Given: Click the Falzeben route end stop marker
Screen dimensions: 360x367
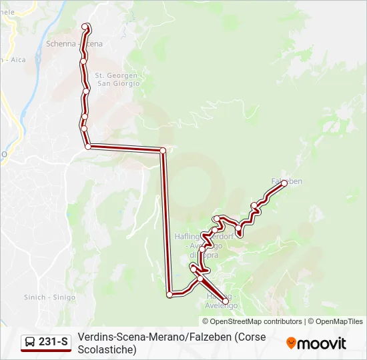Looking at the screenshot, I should pyautogui.click(x=284, y=183).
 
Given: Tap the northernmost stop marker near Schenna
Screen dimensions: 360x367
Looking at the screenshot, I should pyautogui.click(x=85, y=27).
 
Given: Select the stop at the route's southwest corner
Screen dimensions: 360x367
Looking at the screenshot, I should pyautogui.click(x=170, y=294).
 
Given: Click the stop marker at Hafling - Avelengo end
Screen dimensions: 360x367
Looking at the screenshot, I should pyautogui.click(x=226, y=303).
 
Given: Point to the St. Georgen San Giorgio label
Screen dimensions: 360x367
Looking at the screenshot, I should pyautogui.click(x=117, y=79).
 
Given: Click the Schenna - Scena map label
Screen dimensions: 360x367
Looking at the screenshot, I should pyautogui.click(x=74, y=44).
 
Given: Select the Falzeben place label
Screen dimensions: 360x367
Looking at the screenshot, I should pyautogui.click(x=287, y=181).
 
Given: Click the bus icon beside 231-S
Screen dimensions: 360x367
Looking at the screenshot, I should pyautogui.click(x=30, y=343).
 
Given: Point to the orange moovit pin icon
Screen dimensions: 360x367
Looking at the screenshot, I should pyautogui.click(x=291, y=343).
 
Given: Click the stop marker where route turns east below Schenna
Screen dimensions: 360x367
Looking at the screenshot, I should pyautogui.click(x=87, y=146).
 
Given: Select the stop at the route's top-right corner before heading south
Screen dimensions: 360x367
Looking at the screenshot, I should pyautogui.click(x=163, y=151).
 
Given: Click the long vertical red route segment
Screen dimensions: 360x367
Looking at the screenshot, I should pyautogui.click(x=166, y=220).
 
